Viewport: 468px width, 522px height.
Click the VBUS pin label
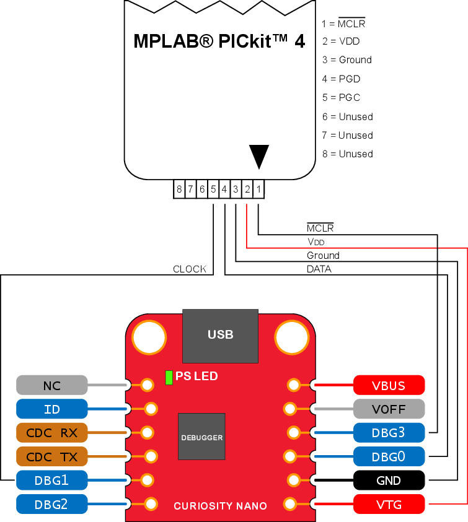point(389,385)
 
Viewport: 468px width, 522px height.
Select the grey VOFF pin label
point(389,409)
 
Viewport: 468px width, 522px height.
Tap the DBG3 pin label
point(389,432)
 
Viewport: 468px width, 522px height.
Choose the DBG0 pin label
point(389,456)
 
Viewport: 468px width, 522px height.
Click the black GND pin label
point(389,480)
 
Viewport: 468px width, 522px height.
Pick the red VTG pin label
point(389,504)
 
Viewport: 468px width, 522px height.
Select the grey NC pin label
point(51,385)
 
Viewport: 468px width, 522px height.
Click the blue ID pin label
point(51,409)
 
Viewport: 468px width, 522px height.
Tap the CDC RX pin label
point(51,432)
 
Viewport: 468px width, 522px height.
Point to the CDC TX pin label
point(51,456)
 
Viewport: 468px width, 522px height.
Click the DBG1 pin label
point(51,480)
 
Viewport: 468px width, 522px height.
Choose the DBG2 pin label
point(51,504)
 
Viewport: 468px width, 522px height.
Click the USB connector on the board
point(220,335)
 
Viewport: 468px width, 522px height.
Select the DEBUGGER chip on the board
point(201,437)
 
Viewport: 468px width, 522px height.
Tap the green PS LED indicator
point(169,377)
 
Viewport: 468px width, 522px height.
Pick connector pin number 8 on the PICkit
point(179,189)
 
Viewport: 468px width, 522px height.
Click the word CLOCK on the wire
point(190,269)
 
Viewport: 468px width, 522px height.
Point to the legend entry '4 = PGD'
point(341,79)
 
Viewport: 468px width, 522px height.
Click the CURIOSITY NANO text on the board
point(220,506)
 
